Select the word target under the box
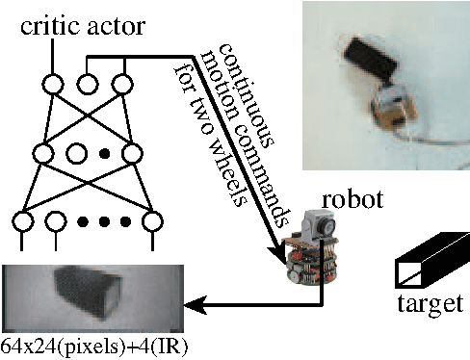click(x=430, y=305)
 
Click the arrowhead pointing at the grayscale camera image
click(x=194, y=308)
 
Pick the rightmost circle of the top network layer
click(x=119, y=85)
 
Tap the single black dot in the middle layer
click(x=106, y=152)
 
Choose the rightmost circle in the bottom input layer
click(x=152, y=224)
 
